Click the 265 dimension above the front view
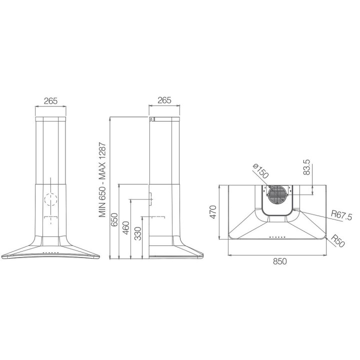(50, 101)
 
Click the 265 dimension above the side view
(164, 100)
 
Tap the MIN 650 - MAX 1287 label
(102, 180)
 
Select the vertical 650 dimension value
(114, 220)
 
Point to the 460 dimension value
(126, 228)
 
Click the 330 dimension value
(137, 233)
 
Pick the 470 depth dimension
(213, 212)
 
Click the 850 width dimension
(280, 261)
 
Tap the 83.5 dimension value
(306, 167)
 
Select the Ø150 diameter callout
(260, 171)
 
